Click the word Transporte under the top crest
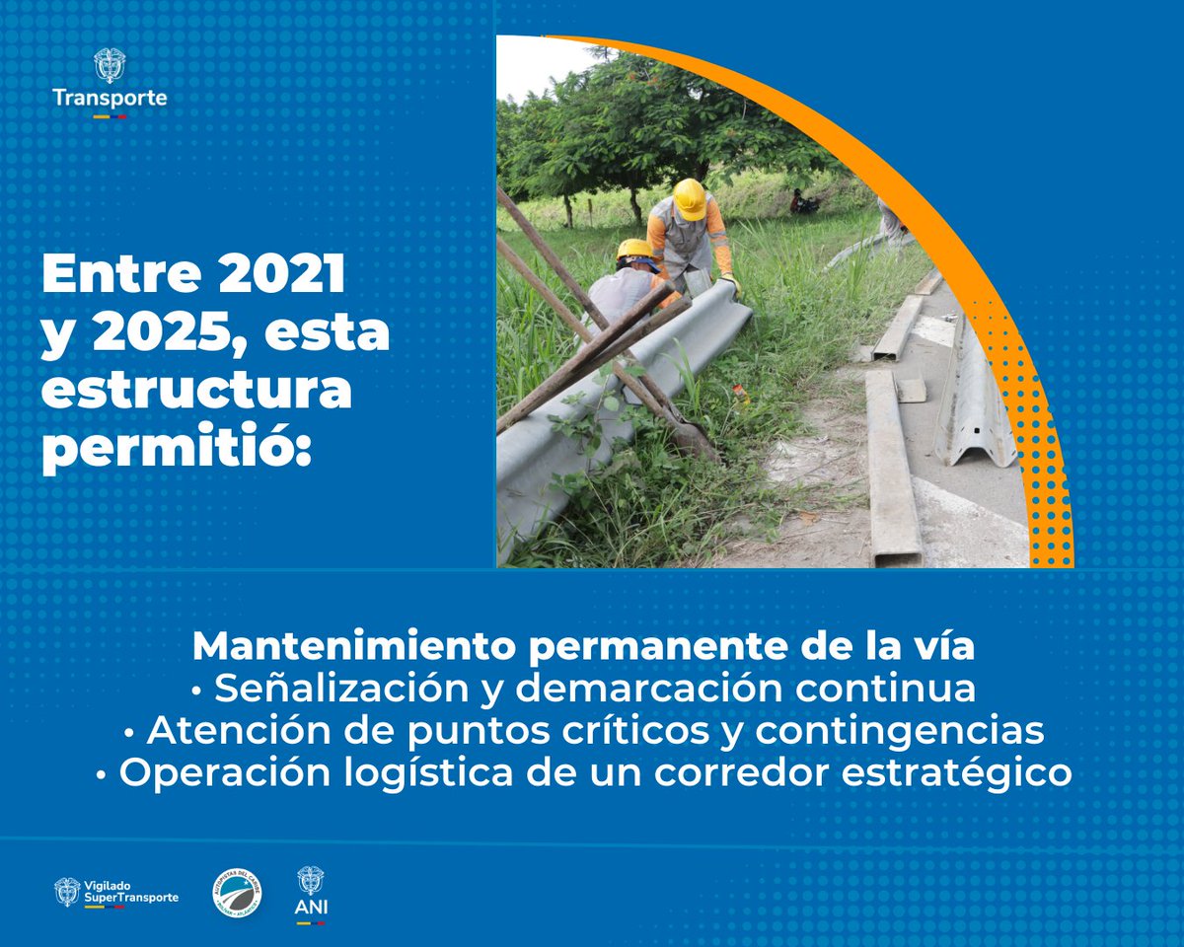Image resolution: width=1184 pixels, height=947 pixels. (x=110, y=99)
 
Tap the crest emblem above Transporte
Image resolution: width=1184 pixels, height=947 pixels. (x=110, y=65)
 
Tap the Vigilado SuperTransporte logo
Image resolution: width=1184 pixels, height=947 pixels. (x=116, y=892)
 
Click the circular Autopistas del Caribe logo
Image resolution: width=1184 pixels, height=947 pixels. (x=238, y=894)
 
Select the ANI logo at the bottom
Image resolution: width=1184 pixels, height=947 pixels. (x=311, y=894)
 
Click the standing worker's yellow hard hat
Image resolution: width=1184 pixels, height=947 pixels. (x=689, y=198)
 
